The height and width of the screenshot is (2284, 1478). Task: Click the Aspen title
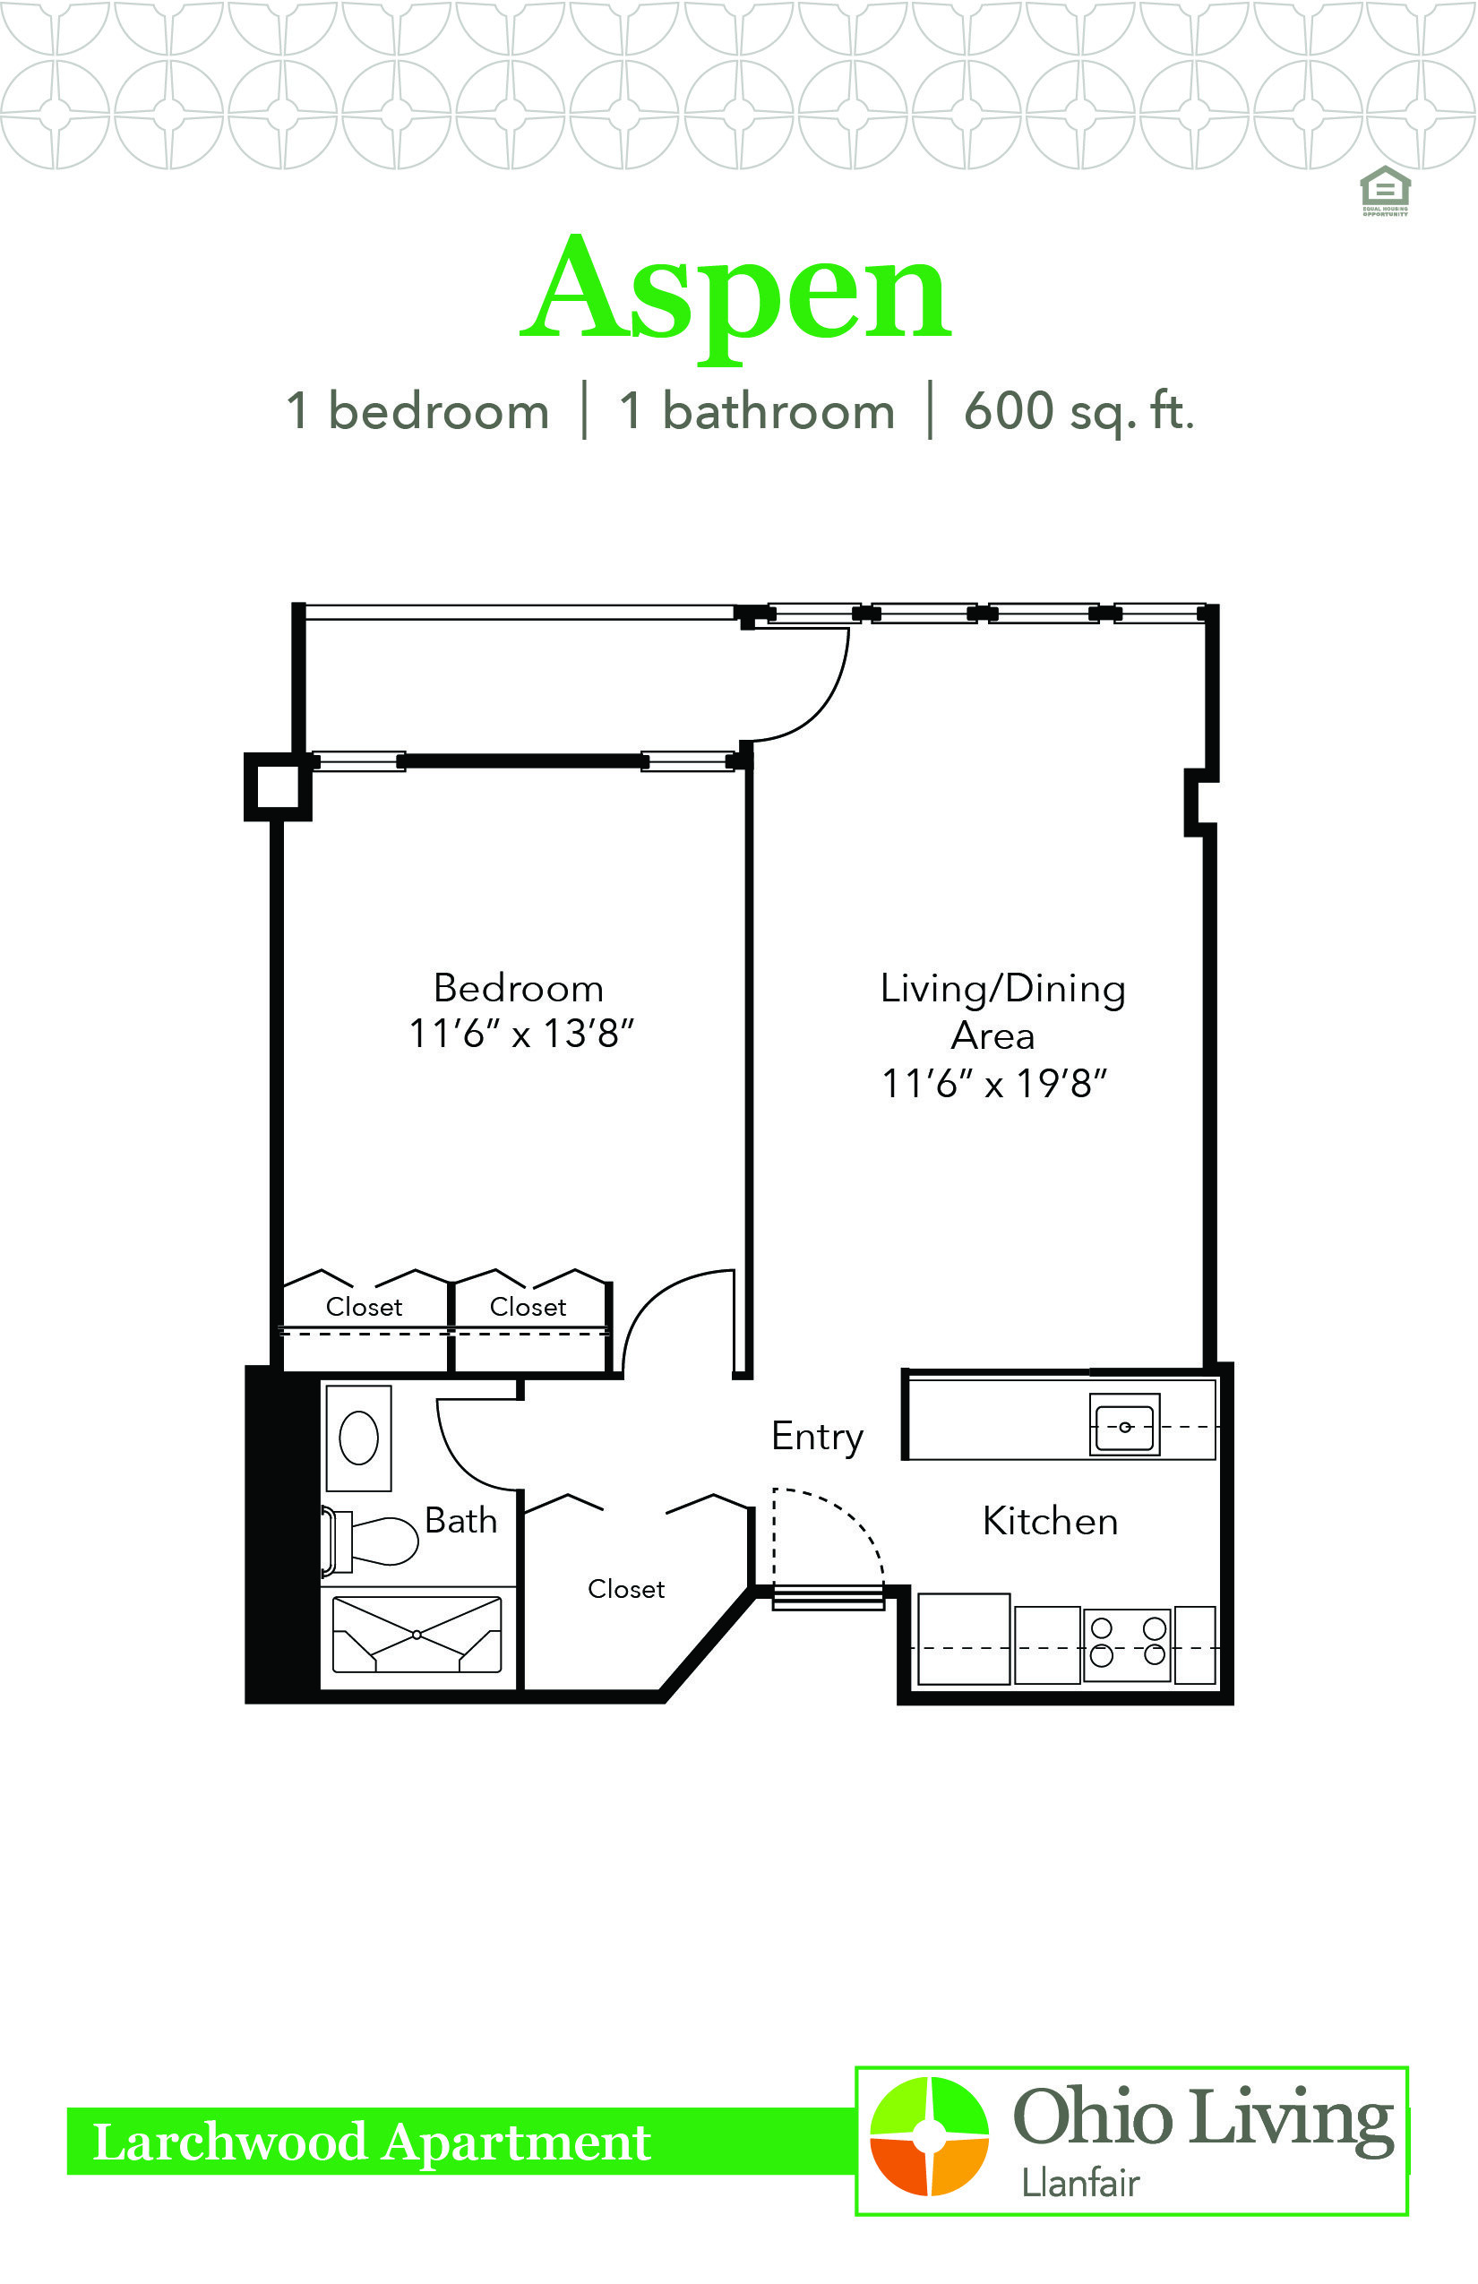click(736, 294)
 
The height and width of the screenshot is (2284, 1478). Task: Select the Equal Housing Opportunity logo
click(1385, 191)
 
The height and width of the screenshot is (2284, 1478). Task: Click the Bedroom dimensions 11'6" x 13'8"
click(521, 1035)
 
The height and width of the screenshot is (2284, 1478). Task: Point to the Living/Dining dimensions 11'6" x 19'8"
click(994, 1084)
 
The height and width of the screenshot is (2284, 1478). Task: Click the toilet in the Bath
click(371, 1541)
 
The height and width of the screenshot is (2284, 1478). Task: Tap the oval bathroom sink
click(359, 1438)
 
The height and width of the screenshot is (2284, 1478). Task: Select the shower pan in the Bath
click(417, 1635)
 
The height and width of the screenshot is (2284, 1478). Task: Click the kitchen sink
click(1125, 1424)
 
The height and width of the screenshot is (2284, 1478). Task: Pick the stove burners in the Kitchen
click(1128, 1644)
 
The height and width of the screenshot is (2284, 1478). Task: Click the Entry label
click(818, 1438)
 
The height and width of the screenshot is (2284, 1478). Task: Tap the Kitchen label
click(1051, 1522)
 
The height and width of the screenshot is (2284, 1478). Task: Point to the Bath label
click(460, 1521)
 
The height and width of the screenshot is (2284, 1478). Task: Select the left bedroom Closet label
click(364, 1307)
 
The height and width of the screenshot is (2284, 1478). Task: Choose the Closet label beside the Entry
click(626, 1589)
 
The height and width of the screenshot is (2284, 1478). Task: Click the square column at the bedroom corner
click(279, 787)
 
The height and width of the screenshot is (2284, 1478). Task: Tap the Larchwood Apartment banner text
click(373, 2142)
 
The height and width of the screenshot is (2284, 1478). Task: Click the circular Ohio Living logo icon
click(928, 2136)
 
